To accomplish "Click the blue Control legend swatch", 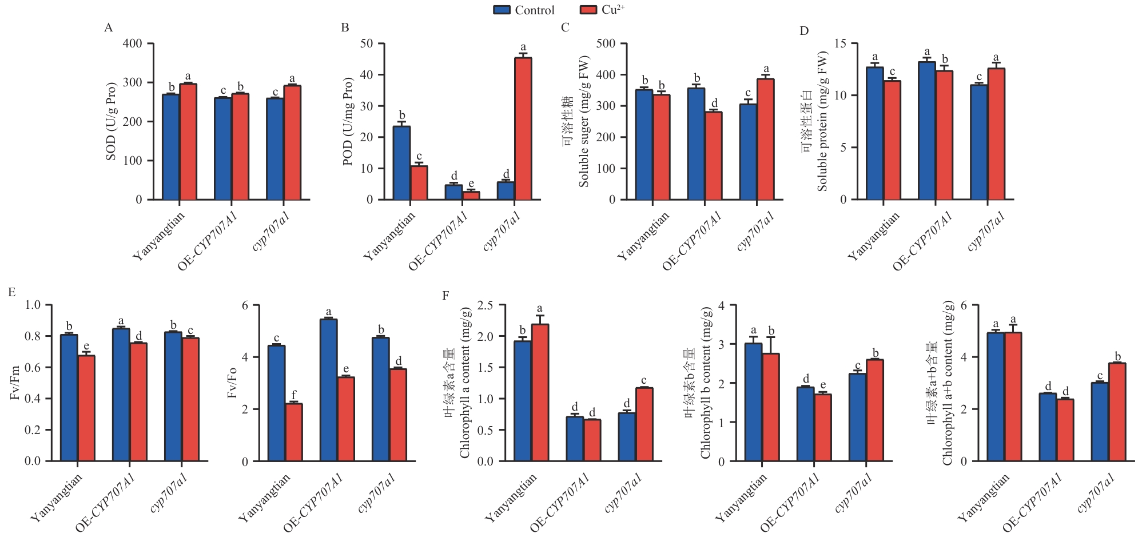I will coord(502,10).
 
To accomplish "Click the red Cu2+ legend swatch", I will coord(588,10).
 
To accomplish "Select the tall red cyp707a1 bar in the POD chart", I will coord(523,129).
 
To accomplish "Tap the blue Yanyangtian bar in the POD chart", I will coord(401,163).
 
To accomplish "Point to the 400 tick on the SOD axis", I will coord(133,43).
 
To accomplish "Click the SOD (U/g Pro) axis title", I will coord(111,121).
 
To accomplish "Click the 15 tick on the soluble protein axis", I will coord(841,43).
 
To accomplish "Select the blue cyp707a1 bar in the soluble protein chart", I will coord(979,142).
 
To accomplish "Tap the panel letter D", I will coord(804,31).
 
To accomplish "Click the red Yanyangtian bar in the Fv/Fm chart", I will coord(86,408).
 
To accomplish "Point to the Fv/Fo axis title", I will coord(232,383).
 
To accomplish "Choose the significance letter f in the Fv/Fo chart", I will coord(294,395).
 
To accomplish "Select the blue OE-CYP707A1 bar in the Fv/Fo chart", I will coord(329,390).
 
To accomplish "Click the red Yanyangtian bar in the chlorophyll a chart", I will coord(540,393).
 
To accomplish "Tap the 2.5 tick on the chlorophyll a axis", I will coord(485,305).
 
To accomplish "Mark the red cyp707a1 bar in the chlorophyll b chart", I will coord(875,411).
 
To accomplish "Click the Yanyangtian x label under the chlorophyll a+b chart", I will coord(984,499).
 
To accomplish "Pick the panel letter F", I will coord(445,296).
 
